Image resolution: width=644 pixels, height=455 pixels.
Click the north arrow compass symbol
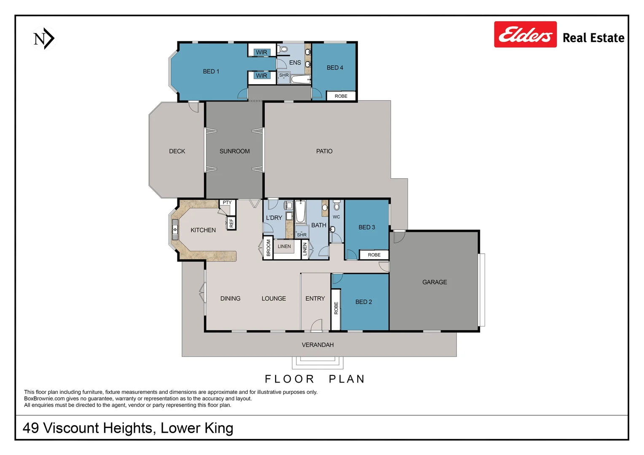point(44,39)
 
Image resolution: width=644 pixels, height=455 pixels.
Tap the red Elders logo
point(525,35)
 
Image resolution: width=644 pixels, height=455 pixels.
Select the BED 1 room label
point(211,72)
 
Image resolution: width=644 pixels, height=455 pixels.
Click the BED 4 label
point(335,68)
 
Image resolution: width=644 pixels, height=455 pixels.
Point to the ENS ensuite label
point(295,63)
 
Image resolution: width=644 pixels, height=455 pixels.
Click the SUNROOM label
point(234,151)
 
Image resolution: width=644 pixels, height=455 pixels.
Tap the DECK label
point(177,151)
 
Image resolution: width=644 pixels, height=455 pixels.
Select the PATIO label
point(324,151)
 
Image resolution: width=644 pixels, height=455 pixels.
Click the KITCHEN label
point(203,230)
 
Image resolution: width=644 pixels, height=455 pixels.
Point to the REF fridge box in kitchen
point(231,223)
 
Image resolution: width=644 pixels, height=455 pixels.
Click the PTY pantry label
point(227,203)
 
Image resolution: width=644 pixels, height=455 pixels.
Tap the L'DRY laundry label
point(274,218)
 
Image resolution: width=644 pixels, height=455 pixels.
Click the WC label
point(336,217)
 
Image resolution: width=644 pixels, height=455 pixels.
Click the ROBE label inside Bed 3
point(374,255)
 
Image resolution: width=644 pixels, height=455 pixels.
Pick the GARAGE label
point(435,282)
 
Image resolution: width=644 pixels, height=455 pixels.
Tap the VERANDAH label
point(317,345)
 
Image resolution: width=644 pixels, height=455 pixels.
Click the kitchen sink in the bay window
point(175,230)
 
